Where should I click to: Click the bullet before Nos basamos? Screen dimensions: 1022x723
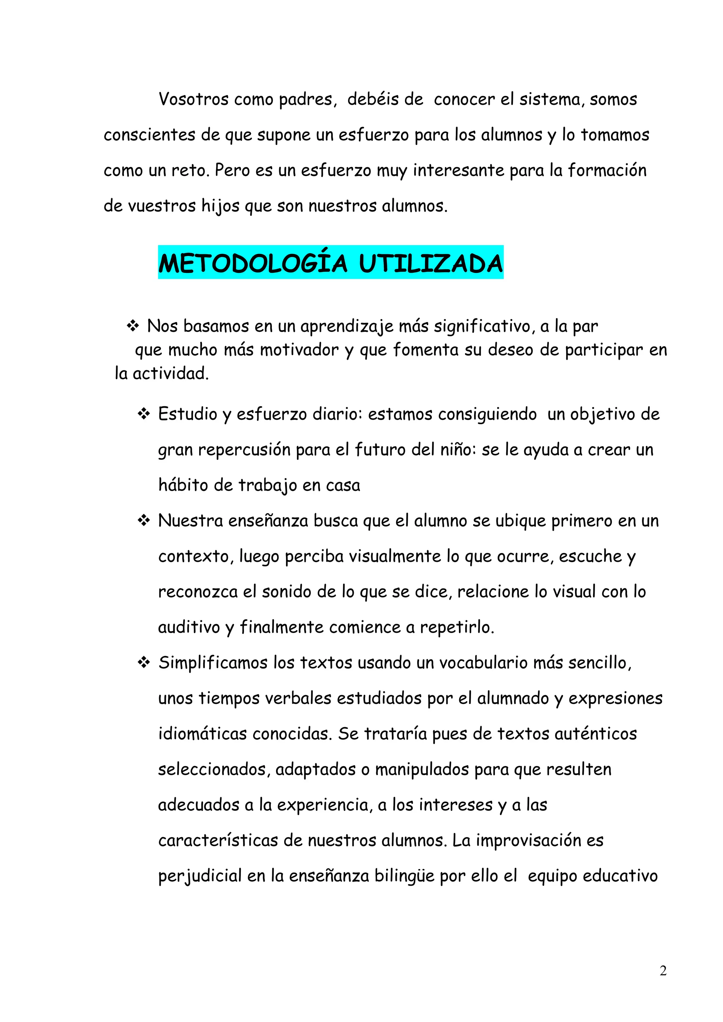(x=133, y=326)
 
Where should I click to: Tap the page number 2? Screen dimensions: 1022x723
(x=663, y=971)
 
